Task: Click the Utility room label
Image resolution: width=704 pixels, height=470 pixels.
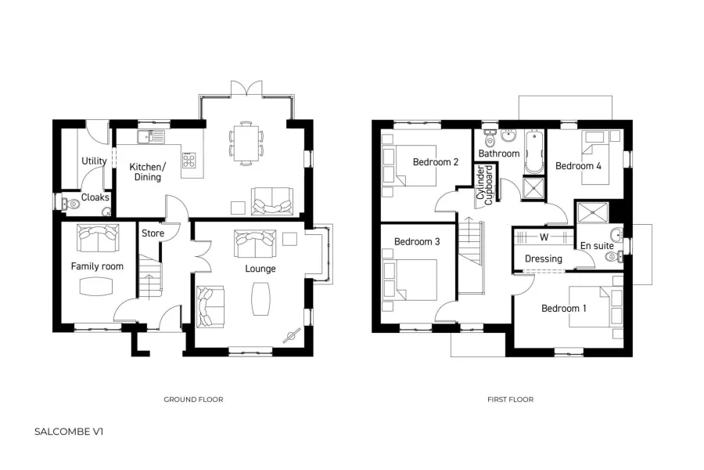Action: (x=94, y=161)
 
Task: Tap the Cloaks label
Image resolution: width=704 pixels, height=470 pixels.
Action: (x=95, y=197)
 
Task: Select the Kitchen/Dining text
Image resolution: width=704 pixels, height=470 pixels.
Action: (x=147, y=172)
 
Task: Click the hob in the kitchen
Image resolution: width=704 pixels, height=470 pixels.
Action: (x=189, y=160)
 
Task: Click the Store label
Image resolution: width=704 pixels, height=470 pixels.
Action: (x=153, y=233)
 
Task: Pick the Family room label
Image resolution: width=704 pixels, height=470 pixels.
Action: (x=97, y=266)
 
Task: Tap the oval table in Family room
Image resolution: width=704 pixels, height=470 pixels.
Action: (x=97, y=287)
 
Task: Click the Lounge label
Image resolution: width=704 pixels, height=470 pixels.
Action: (x=260, y=269)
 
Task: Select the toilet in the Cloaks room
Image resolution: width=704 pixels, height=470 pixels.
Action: (x=71, y=202)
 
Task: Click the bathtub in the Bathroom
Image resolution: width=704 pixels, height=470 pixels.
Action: (x=534, y=152)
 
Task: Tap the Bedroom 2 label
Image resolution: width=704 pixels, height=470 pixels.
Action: (x=436, y=162)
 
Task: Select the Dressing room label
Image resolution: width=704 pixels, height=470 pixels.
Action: (x=543, y=258)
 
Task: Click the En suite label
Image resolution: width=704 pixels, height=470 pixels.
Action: (x=596, y=246)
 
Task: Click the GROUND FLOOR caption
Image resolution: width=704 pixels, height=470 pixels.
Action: (x=193, y=399)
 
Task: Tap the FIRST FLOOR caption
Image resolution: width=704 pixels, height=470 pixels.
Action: (x=510, y=399)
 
